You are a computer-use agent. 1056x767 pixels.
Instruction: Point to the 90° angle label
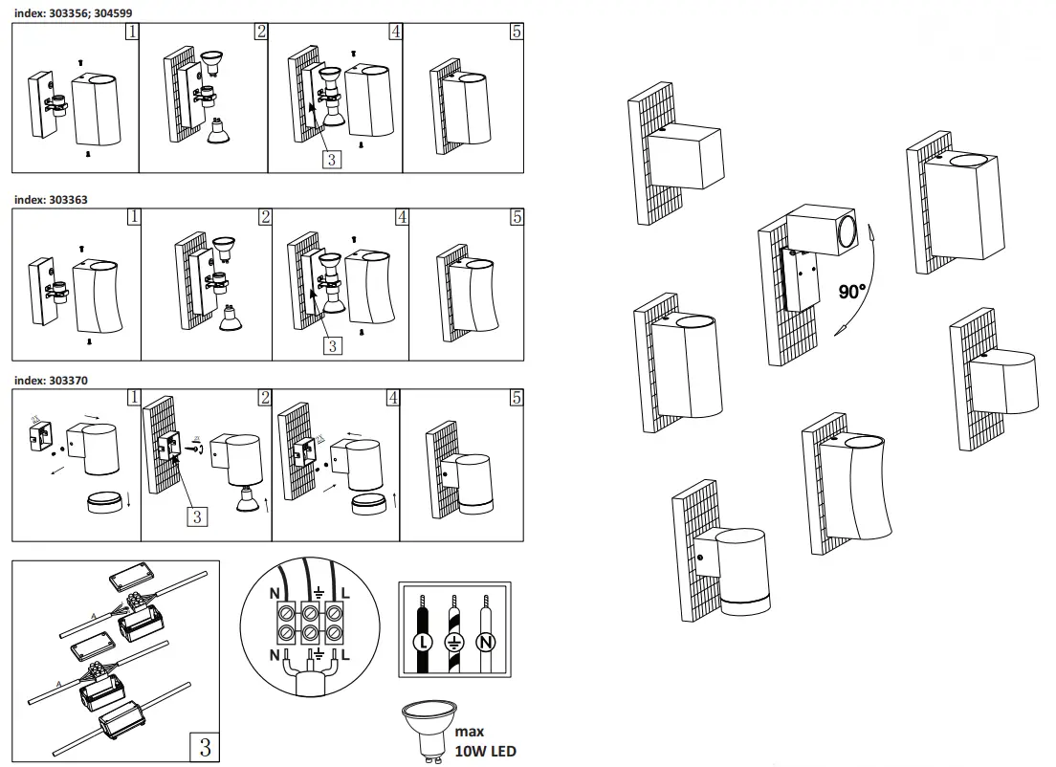pyautogui.click(x=851, y=292)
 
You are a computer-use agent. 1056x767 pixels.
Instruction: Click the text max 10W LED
pyautogui.click(x=485, y=742)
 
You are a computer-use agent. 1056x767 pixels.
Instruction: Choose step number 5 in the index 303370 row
pyautogui.click(x=517, y=397)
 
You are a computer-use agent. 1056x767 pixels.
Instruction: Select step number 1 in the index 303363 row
pyautogui.click(x=133, y=216)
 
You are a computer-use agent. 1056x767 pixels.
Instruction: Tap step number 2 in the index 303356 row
pyautogui.click(x=260, y=32)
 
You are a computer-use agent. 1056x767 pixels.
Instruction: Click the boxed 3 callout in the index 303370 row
pyautogui.click(x=196, y=516)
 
